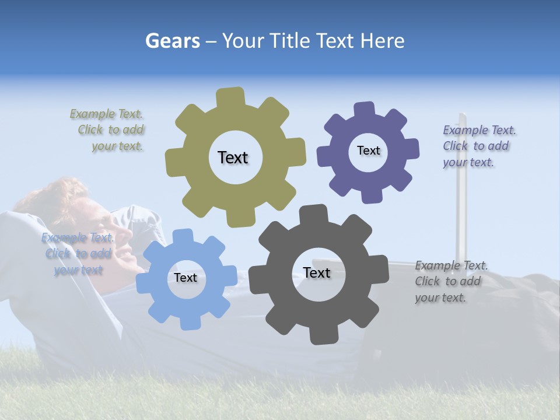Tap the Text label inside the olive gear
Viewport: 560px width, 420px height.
tap(233, 157)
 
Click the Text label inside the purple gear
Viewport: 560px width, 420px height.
tap(368, 150)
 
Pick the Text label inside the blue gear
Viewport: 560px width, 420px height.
tap(185, 278)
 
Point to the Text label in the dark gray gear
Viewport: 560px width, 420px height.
tap(317, 272)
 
